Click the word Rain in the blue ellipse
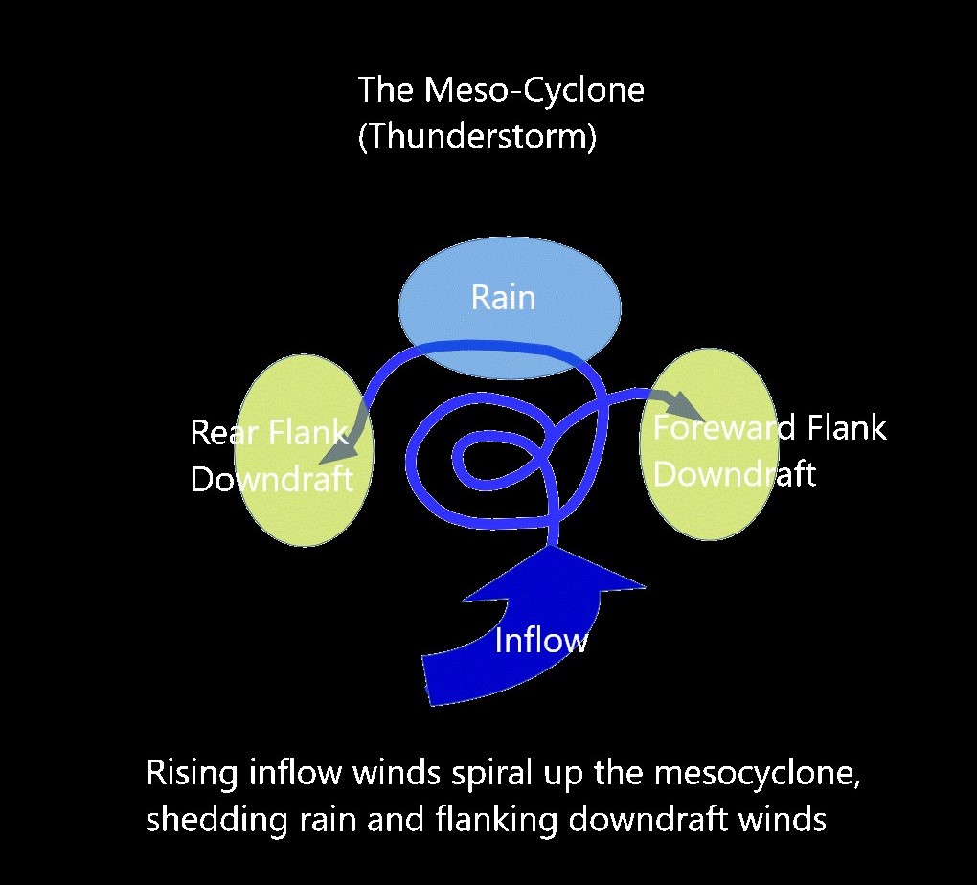503,298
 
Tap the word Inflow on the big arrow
540,640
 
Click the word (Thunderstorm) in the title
477,137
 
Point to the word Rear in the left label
224,433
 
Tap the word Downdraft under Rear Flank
272,478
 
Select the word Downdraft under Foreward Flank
735,474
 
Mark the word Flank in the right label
845,427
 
